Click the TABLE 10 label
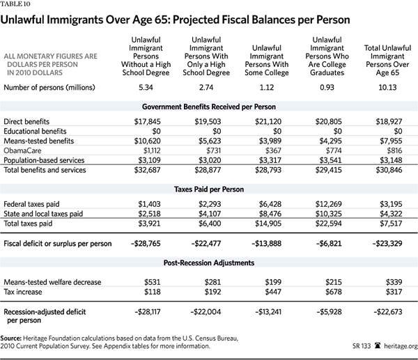[x=14, y=4]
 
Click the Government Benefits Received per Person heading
[x=208, y=106]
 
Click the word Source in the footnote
[x=15, y=336]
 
